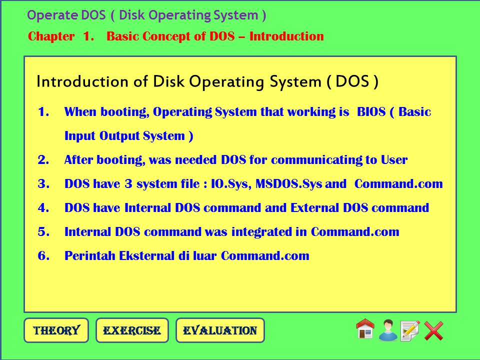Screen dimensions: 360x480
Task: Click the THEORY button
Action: click(x=56, y=330)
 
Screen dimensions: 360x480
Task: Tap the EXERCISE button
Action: click(x=132, y=330)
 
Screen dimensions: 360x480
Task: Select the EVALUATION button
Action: click(x=220, y=330)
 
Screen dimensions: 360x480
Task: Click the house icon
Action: click(x=365, y=329)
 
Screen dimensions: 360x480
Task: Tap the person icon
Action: click(x=388, y=330)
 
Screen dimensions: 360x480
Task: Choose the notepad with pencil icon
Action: click(x=410, y=330)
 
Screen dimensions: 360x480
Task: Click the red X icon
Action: click(x=434, y=330)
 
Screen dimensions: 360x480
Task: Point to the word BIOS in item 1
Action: click(x=371, y=112)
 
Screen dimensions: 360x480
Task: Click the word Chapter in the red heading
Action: click(x=51, y=36)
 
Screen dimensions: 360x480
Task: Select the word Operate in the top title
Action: click(x=46, y=15)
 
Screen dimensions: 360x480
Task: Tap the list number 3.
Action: click(x=43, y=184)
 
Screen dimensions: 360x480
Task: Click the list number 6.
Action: click(x=43, y=256)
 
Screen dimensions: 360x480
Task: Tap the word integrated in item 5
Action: click(x=256, y=232)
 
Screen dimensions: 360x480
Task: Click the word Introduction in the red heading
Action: click(x=286, y=36)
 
